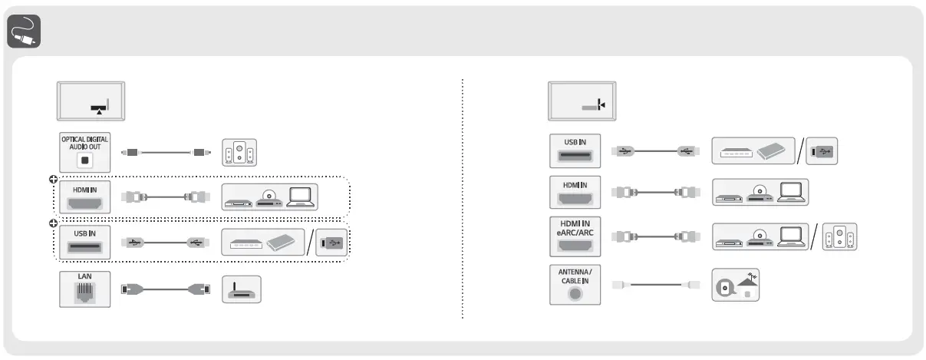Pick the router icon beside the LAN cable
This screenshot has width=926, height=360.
click(x=241, y=290)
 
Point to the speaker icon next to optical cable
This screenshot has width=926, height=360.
click(x=239, y=152)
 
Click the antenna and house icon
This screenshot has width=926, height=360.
click(x=736, y=284)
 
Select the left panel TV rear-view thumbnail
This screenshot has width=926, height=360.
click(x=91, y=100)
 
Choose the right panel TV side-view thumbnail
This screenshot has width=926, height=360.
click(x=582, y=101)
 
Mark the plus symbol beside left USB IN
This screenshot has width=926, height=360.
click(x=53, y=224)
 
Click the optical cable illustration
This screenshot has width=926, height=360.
click(x=166, y=152)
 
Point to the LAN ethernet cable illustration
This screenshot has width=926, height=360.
click(x=166, y=290)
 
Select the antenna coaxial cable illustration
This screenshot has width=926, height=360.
click(x=656, y=285)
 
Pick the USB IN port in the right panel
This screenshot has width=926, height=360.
click(x=575, y=152)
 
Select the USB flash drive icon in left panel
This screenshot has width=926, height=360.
click(x=333, y=243)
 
